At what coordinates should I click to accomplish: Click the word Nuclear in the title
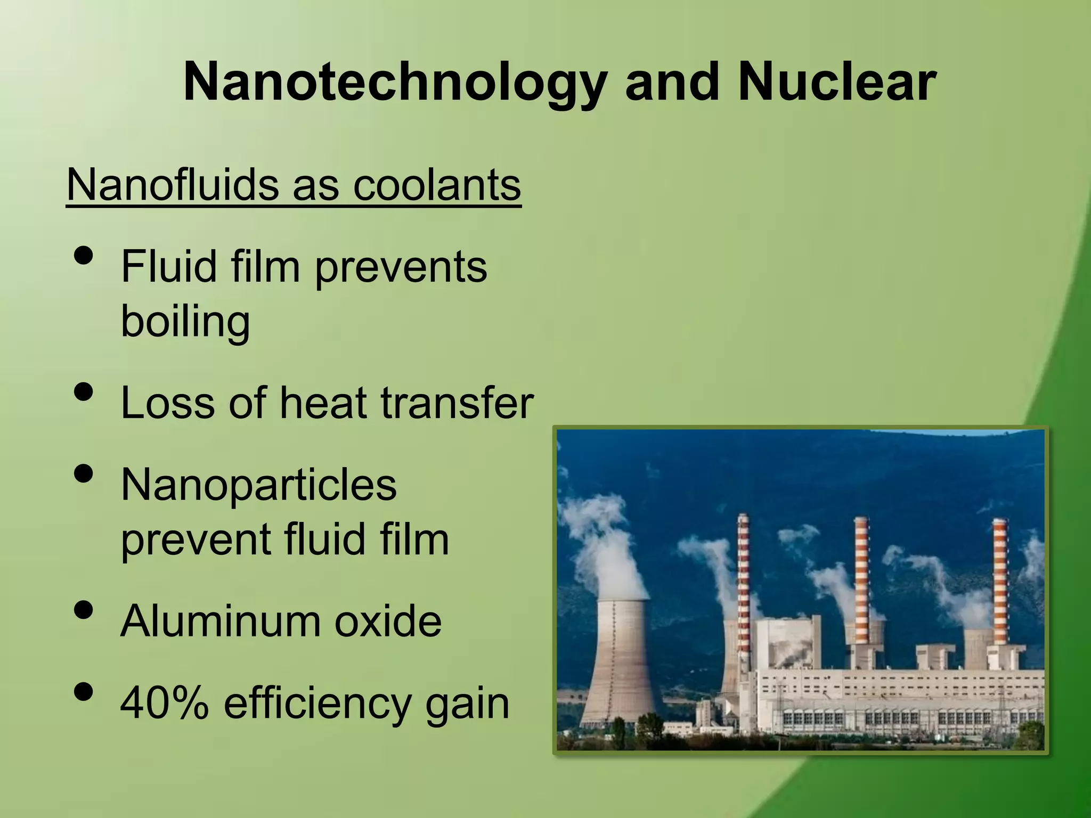(x=837, y=83)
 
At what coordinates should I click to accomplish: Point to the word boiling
(x=185, y=322)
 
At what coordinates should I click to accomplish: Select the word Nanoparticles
(x=259, y=485)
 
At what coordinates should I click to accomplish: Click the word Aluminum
(x=220, y=621)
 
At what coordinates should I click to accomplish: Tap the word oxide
(x=388, y=621)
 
